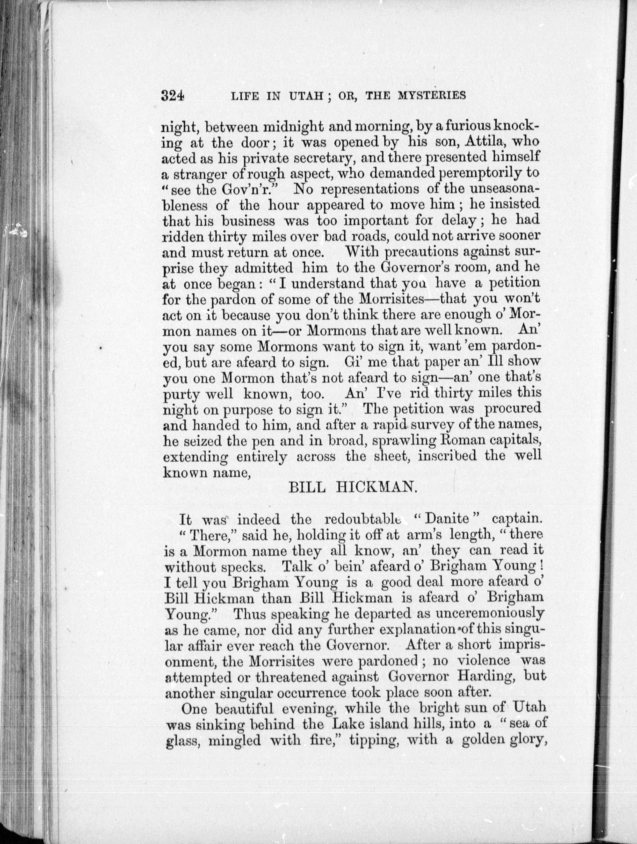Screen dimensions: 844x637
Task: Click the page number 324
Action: pyautogui.click(x=173, y=95)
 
